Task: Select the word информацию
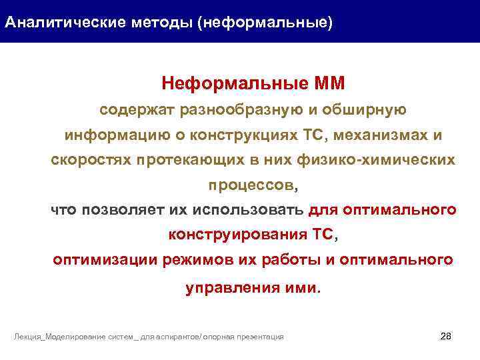pyautogui.click(x=107, y=135)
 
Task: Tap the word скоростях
pyautogui.click(x=91, y=161)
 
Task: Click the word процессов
pyautogui.click(x=239, y=184)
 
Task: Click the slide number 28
pyautogui.click(x=447, y=335)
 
